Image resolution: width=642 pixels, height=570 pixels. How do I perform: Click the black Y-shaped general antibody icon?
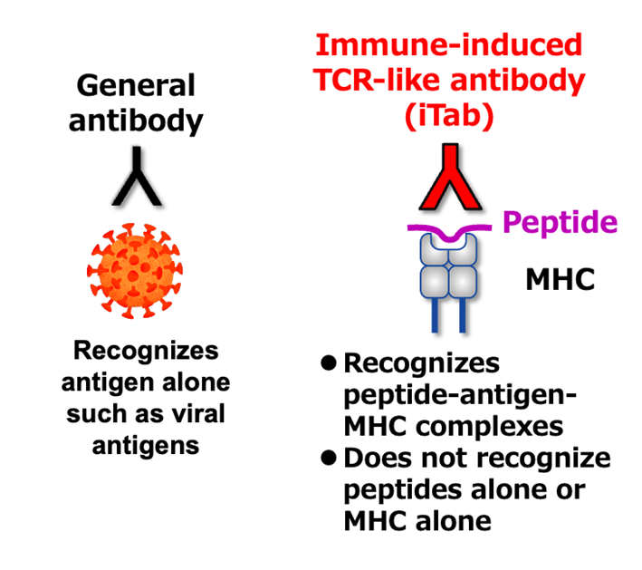coord(136,175)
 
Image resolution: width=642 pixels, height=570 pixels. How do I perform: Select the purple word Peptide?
coord(561,222)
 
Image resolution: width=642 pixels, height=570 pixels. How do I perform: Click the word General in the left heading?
coord(136,86)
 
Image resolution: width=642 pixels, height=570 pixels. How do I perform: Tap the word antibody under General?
coord(136,121)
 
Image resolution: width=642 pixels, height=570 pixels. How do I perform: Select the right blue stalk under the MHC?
coord(463,313)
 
